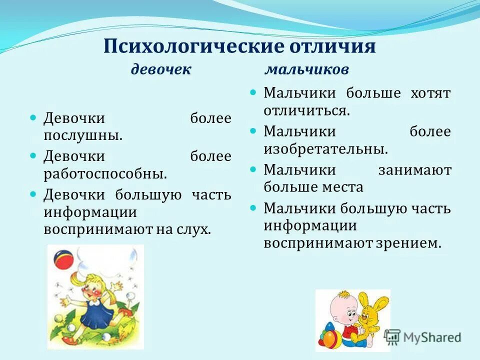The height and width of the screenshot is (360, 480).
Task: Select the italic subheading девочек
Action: tap(161, 69)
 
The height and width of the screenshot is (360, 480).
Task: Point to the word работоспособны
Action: tap(105, 173)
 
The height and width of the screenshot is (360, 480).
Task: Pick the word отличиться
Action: tap(306, 110)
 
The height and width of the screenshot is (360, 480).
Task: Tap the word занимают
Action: tap(415, 170)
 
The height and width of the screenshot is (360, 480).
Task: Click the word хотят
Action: tap(430, 93)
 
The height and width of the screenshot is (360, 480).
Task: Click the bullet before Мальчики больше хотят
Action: tap(253, 92)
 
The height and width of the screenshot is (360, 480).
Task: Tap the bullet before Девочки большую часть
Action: tap(33, 193)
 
